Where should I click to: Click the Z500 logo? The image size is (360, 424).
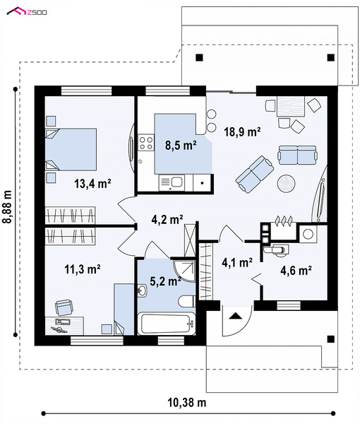click(26, 11)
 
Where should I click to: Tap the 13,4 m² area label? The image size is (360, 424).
click(92, 184)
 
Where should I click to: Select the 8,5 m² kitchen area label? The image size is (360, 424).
click(181, 146)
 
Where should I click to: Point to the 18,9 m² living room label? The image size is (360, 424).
click(242, 131)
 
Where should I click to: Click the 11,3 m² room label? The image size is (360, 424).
click(83, 269)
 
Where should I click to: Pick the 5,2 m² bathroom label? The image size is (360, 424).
click(165, 281)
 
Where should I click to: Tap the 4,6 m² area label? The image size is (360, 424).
click(296, 270)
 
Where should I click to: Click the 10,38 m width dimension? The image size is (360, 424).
click(187, 403)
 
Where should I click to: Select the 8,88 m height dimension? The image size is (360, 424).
click(8, 207)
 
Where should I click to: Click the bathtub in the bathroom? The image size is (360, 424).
click(167, 324)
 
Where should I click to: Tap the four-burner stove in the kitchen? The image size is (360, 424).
click(146, 143)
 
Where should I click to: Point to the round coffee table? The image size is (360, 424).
click(286, 184)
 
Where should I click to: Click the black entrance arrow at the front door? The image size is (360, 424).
click(236, 316)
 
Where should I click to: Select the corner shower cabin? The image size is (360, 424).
click(185, 271)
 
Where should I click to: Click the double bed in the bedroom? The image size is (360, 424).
click(71, 150)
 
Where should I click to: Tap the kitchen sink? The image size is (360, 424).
click(172, 182)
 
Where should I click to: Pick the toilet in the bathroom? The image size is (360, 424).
click(187, 301)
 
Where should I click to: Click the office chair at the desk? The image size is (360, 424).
click(64, 307)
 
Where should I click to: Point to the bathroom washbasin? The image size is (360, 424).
click(142, 291)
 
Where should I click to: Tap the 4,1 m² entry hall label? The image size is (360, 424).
click(237, 262)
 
